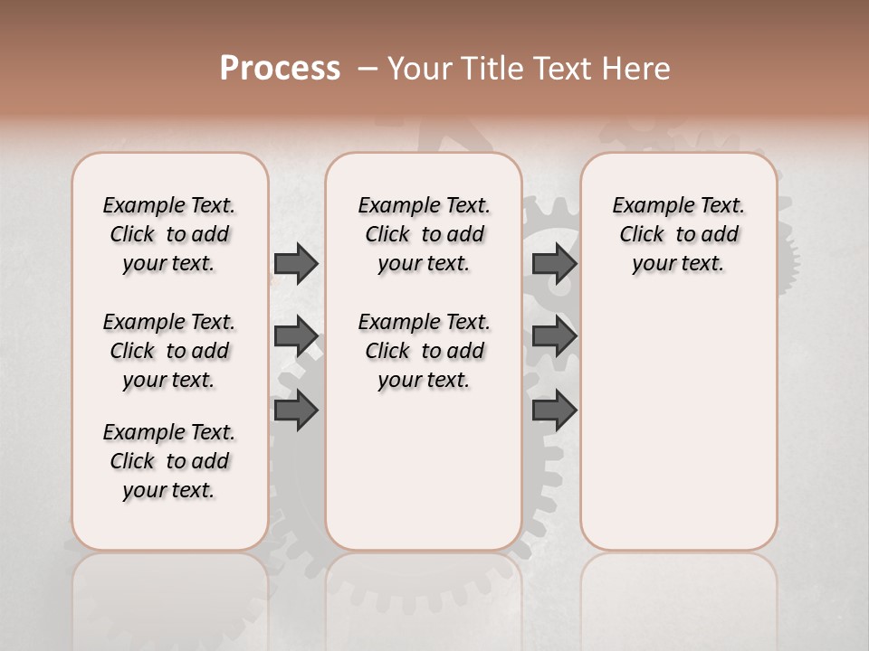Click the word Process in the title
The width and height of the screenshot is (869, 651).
click(279, 69)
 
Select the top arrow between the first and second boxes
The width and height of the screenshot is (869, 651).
click(296, 264)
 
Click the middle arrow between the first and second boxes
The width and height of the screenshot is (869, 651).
click(296, 337)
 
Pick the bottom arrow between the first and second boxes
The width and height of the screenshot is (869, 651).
click(296, 410)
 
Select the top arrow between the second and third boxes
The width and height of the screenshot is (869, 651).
click(554, 264)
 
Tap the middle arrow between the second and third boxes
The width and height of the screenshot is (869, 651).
click(554, 337)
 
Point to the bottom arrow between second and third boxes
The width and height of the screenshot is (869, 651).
click(554, 410)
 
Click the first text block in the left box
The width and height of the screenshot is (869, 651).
click(169, 234)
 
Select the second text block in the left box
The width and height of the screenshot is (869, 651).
click(169, 351)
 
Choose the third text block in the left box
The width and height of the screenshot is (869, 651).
click(169, 461)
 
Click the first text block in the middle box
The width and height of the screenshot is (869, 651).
click(425, 234)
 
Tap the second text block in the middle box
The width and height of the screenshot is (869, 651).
click(425, 351)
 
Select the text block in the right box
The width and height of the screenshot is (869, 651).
click(679, 234)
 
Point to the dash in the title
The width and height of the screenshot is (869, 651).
click(368, 69)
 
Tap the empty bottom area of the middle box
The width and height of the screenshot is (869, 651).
click(425, 479)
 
